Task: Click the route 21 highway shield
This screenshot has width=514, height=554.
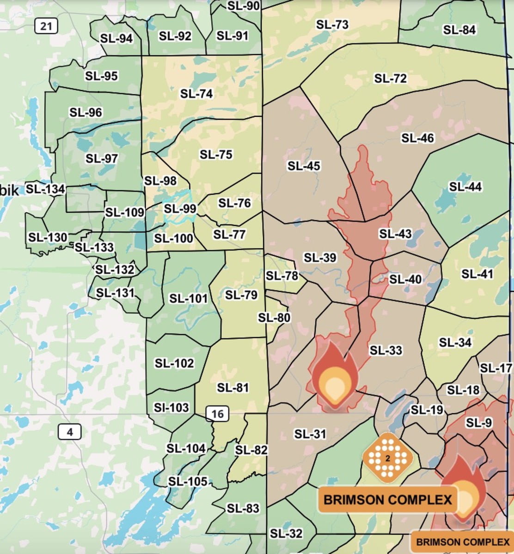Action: tap(46, 26)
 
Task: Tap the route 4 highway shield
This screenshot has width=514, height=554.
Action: tap(70, 432)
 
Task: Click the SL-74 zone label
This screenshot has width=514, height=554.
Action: tap(196, 94)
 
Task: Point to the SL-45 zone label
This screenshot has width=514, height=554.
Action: tap(304, 166)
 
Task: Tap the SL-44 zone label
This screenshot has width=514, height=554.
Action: tap(465, 187)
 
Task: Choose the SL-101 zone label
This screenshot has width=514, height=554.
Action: tap(189, 298)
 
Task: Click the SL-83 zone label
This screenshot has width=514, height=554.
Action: tap(243, 508)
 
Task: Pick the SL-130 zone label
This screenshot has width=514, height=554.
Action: tap(48, 238)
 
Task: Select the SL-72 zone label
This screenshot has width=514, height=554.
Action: tap(391, 78)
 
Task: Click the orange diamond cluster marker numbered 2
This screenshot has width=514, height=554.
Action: tap(387, 458)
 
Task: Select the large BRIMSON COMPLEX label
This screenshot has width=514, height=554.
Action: tap(387, 500)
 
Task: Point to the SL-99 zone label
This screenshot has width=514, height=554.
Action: tap(180, 209)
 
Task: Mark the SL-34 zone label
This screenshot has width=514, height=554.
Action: tap(455, 343)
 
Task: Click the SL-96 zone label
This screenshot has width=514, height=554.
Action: tap(86, 112)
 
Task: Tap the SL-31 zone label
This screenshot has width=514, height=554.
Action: tap(310, 434)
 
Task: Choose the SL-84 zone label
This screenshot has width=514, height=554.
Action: tap(459, 30)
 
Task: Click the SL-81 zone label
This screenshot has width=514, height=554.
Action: tap(233, 388)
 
